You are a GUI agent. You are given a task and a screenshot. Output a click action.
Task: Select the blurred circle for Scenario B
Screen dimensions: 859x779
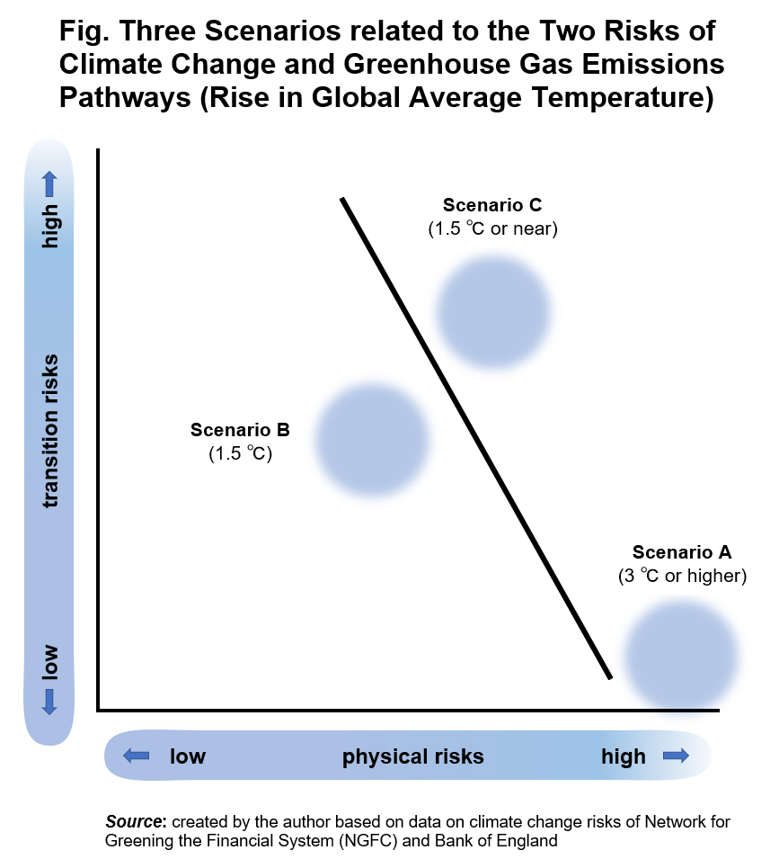(x=372, y=440)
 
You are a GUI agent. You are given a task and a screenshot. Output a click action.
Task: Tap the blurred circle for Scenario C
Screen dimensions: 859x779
(x=492, y=310)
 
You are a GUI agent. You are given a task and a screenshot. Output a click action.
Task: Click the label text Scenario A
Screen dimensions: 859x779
(x=682, y=552)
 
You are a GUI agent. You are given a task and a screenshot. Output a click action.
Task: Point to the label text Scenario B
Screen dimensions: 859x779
(x=240, y=430)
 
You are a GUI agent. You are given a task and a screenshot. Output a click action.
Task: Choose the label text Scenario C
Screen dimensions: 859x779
(x=492, y=205)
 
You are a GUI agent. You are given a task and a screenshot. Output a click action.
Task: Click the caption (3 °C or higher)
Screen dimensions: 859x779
(x=683, y=576)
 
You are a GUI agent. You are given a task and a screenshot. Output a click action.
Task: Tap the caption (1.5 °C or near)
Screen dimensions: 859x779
(x=492, y=228)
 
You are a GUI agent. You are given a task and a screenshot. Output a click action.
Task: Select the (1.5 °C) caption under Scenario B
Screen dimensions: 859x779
(x=240, y=453)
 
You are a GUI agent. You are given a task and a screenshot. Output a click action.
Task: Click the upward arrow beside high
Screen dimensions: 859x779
(x=49, y=184)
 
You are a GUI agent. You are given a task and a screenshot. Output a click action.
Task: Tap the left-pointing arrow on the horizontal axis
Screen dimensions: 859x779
(x=136, y=756)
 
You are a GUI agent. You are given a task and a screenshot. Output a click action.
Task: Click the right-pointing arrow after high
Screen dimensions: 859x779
(x=675, y=756)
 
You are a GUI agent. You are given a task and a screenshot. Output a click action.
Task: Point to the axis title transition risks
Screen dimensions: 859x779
(x=50, y=430)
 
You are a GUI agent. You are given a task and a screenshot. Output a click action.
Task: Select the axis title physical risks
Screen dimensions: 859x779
(x=412, y=756)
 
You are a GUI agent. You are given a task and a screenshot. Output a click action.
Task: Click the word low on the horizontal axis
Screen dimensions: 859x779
(x=188, y=756)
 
